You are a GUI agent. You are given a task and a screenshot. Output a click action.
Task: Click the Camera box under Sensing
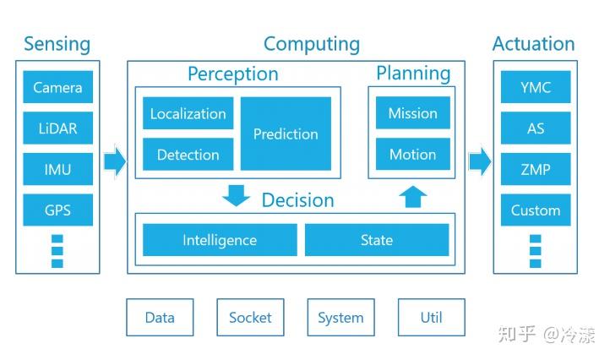coord(58,87)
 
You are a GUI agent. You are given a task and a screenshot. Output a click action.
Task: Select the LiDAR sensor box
coord(58,128)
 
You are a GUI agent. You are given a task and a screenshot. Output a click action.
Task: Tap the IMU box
coord(58,169)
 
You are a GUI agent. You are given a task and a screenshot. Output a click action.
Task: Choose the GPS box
coord(58,210)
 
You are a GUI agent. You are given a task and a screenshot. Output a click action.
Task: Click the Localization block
coord(188,113)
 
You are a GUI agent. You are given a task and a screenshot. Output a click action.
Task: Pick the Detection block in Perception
coord(188,154)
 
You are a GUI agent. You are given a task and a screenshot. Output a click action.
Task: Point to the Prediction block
coord(286,134)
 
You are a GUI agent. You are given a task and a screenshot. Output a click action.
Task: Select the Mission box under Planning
coord(413,113)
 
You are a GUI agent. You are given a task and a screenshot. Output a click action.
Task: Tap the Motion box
coord(413,154)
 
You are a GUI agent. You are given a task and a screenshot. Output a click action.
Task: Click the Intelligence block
coord(220,240)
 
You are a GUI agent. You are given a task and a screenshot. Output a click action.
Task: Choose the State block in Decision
coord(377,240)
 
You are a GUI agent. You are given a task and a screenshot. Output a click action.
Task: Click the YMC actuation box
coord(536,87)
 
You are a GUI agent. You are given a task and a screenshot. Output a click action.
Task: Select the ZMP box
coord(536,169)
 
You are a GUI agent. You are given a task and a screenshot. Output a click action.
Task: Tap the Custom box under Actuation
coord(536,210)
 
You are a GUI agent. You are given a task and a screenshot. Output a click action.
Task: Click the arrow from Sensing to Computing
coord(115,161)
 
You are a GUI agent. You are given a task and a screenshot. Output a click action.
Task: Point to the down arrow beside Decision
coord(236,195)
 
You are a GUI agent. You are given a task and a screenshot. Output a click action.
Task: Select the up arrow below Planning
coord(413,197)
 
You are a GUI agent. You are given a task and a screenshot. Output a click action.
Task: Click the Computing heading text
coord(312,45)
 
